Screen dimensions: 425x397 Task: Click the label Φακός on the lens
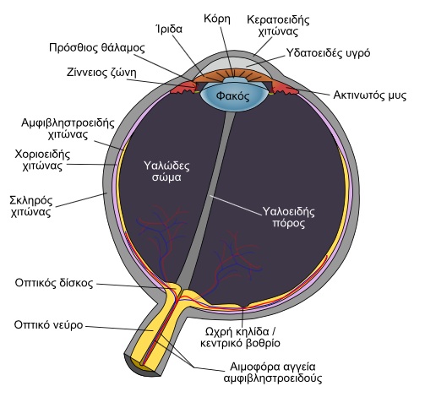232,96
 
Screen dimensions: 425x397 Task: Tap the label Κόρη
217,19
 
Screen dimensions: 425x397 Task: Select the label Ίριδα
169,29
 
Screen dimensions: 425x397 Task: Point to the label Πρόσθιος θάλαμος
97,48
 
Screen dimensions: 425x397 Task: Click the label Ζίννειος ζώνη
101,73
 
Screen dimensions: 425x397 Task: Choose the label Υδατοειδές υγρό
328,53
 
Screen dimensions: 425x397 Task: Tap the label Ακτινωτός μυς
370,95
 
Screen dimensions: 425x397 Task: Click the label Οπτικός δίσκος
54,283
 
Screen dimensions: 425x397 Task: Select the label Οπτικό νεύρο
49,325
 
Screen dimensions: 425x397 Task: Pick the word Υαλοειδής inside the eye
288,211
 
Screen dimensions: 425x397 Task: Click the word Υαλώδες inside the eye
166,166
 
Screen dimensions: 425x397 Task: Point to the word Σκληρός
31,200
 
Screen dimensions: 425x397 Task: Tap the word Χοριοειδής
42,155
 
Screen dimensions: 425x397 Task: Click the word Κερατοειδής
278,19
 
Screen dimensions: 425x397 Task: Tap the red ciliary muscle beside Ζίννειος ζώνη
183,88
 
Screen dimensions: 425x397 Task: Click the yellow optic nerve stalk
154,329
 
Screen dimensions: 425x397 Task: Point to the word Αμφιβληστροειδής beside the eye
68,123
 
